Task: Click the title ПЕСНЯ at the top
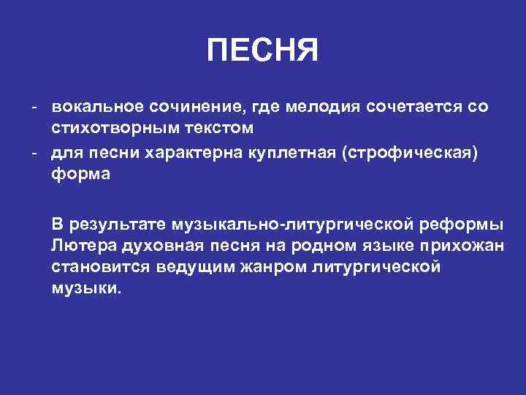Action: click(x=262, y=52)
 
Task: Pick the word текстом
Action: click(x=218, y=129)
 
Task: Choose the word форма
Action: click(x=80, y=176)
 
